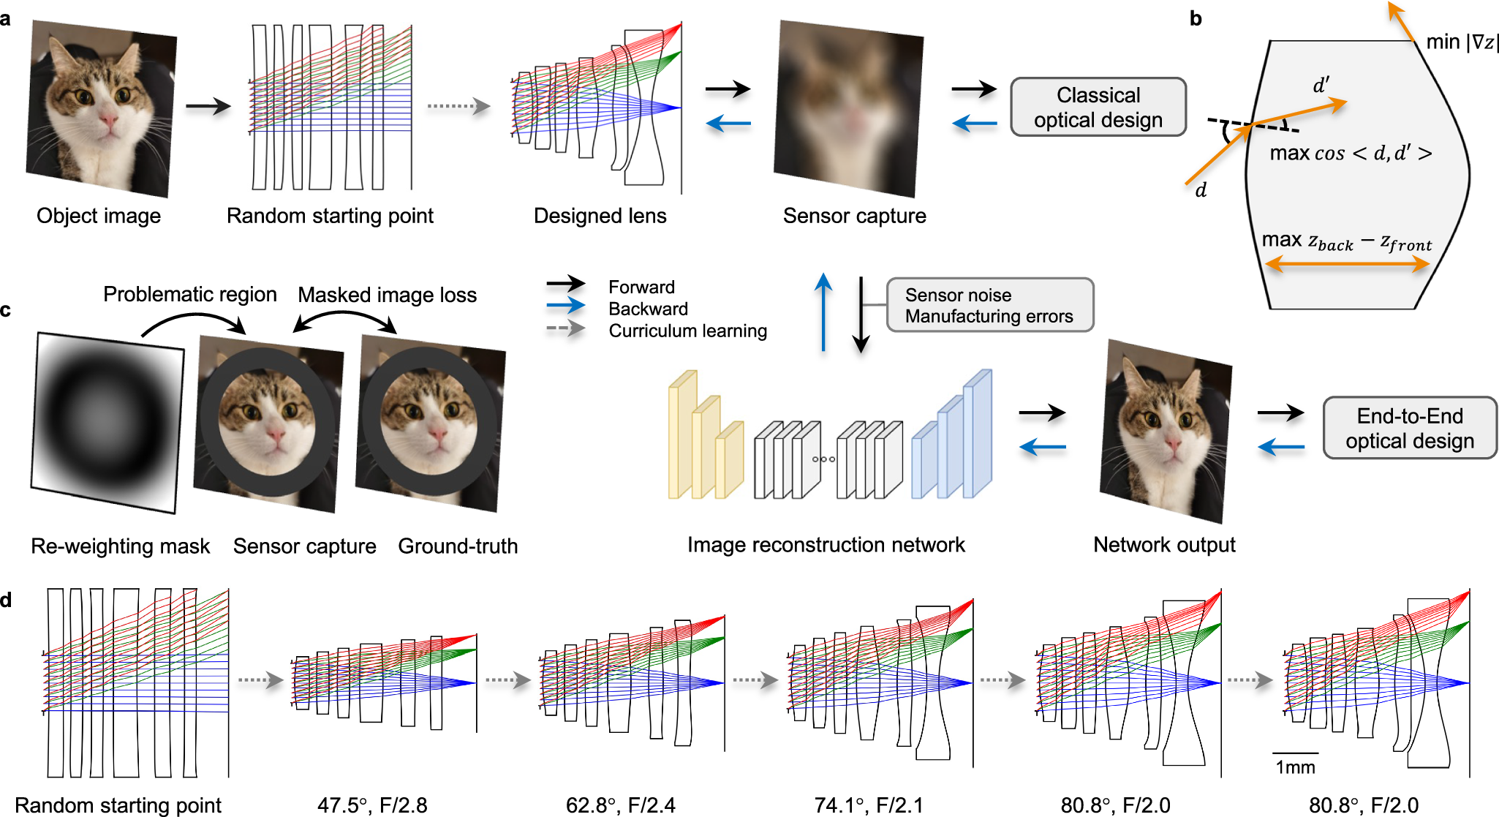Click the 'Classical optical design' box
(x=1098, y=108)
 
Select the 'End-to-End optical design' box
(x=1409, y=428)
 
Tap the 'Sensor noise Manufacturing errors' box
(x=989, y=305)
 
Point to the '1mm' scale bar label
(x=1295, y=767)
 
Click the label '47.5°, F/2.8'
(x=372, y=805)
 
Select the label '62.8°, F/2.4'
(x=620, y=805)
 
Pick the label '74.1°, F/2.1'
(x=869, y=805)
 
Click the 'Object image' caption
(x=99, y=216)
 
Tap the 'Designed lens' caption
(x=600, y=216)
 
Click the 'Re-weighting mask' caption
(x=120, y=546)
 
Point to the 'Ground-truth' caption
(x=458, y=546)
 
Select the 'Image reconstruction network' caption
(x=826, y=545)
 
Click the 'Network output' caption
(x=1164, y=545)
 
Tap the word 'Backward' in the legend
(x=648, y=309)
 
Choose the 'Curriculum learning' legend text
(x=687, y=331)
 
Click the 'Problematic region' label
(x=189, y=294)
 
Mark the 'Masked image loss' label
(x=387, y=295)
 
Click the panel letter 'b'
(x=1196, y=18)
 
